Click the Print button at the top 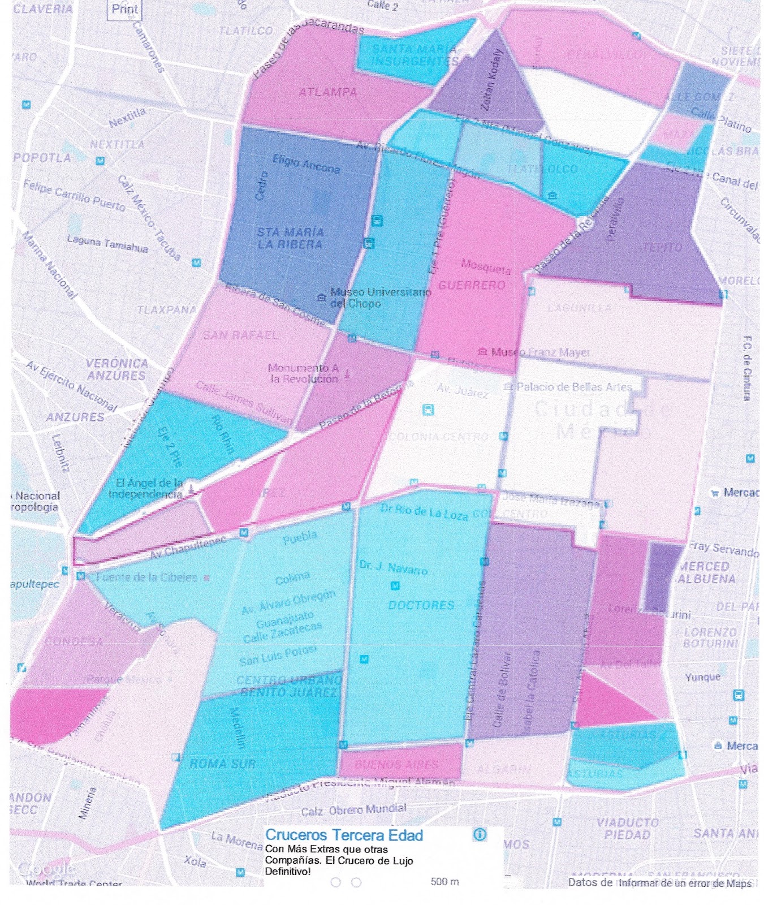pos(124,9)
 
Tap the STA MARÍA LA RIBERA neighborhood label pos(290,239)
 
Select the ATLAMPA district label pos(328,92)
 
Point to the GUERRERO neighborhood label pos(472,285)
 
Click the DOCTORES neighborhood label pos(421,605)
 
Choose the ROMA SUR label pos(223,764)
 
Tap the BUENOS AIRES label pos(396,764)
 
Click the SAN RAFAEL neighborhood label pos(240,335)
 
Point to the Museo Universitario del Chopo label pos(380,298)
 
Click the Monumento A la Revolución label pos(304,373)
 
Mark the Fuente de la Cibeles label pos(147,578)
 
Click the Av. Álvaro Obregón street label pos(288,602)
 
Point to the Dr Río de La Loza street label pos(424,511)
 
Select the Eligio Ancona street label pos(306,164)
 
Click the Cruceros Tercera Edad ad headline pos(344,835)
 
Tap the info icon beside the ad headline pos(480,834)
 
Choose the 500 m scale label pos(445,881)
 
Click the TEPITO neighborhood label pos(662,247)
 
